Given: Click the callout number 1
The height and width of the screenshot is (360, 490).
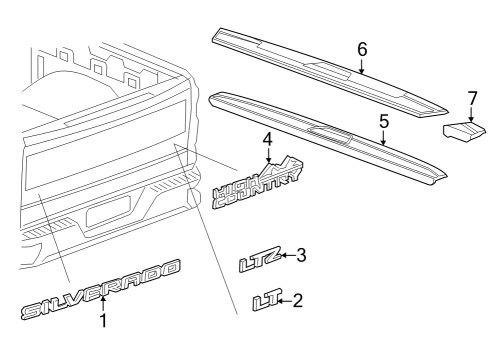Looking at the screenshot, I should pyautogui.click(x=102, y=322).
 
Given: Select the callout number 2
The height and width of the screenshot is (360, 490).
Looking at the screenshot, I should pyautogui.click(x=298, y=299).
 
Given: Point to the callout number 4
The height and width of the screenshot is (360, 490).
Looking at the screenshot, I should pyautogui.click(x=267, y=138).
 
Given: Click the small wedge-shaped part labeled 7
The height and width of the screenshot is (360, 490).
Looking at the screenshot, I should pyautogui.click(x=466, y=130).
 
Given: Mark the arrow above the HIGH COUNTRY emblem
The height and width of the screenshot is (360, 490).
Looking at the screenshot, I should pyautogui.click(x=267, y=156).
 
